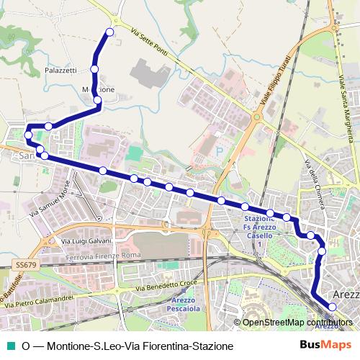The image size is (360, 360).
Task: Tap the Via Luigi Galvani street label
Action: (86, 240)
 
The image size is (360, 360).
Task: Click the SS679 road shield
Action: (24, 265)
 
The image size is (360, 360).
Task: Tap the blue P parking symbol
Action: (220, 152)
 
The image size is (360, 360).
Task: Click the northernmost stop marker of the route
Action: (110, 32)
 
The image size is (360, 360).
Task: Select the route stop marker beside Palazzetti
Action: (94, 69)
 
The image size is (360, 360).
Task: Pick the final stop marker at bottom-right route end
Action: (332, 307)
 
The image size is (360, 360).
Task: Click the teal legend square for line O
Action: (10, 346)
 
